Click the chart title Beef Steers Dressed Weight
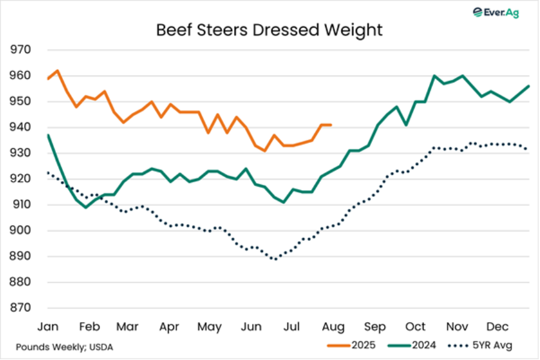pos(269,30)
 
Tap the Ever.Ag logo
pos(496,12)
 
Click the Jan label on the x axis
pos(48,327)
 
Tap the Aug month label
pos(333,327)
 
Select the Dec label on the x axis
pos(497,327)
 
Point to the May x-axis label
pos(209,327)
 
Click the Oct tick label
pos(415,327)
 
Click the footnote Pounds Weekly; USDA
pos(64,347)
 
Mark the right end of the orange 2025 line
pos(331,125)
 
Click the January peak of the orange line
pos(58,70)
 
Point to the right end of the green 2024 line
pos(529,86)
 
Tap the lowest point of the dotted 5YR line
pos(275,259)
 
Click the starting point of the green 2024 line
pos(47,135)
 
